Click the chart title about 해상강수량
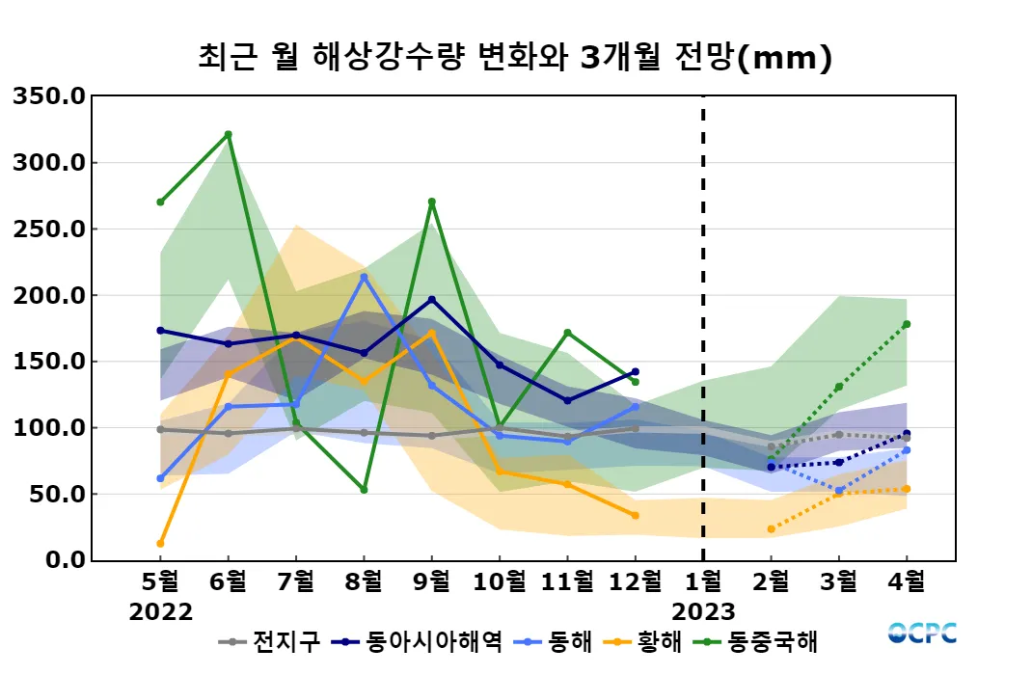(x=515, y=58)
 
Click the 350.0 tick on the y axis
(x=49, y=95)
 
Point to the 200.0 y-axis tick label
(x=49, y=295)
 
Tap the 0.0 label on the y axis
(x=63, y=560)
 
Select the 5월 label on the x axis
(x=160, y=582)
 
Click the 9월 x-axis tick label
(x=431, y=582)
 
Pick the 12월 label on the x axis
(x=635, y=582)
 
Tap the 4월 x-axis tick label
(x=906, y=582)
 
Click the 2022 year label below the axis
(x=160, y=612)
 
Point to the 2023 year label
(x=703, y=612)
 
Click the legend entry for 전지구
(x=269, y=641)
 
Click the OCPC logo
(x=922, y=633)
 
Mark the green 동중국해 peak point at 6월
(x=228, y=134)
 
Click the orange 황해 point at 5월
(x=160, y=544)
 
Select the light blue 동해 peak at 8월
(x=364, y=277)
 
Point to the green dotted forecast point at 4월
(x=907, y=324)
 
